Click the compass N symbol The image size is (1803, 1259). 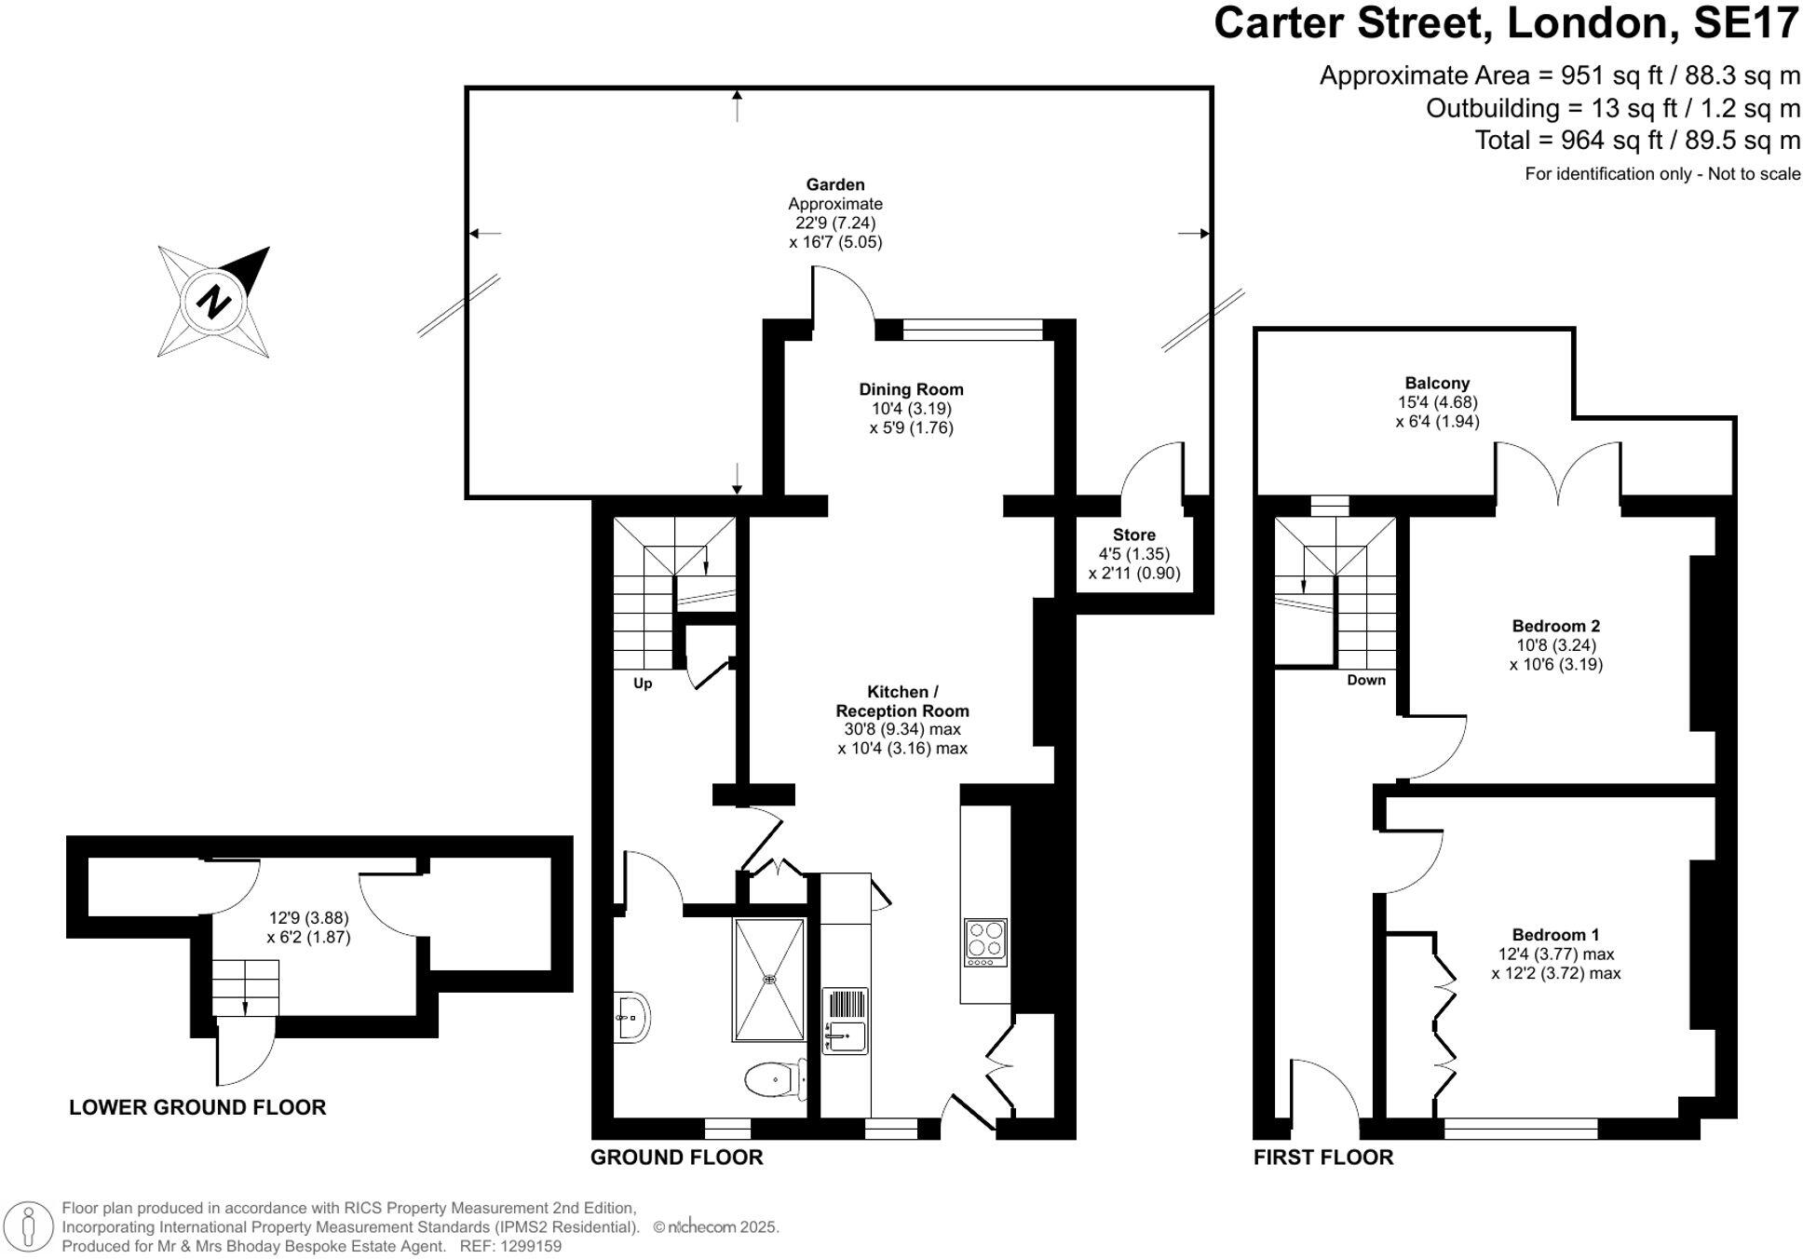[215, 302]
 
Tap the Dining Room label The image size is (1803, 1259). [911, 389]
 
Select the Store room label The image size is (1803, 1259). [1133, 535]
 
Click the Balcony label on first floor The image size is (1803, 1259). [1437, 383]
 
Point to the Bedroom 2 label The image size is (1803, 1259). [1555, 626]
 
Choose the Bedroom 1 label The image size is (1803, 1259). [1555, 935]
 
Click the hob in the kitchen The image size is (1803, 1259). [985, 942]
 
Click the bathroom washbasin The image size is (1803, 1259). [632, 1017]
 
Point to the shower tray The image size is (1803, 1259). [769, 979]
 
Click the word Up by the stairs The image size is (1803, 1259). [643, 684]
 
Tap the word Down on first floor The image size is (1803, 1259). [1366, 681]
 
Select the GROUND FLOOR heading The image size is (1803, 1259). [676, 1157]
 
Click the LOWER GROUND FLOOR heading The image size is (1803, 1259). [197, 1107]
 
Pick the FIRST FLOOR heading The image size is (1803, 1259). [1322, 1157]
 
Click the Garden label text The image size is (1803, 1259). [835, 184]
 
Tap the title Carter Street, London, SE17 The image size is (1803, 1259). [1506, 22]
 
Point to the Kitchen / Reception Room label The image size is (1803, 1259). [901, 701]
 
